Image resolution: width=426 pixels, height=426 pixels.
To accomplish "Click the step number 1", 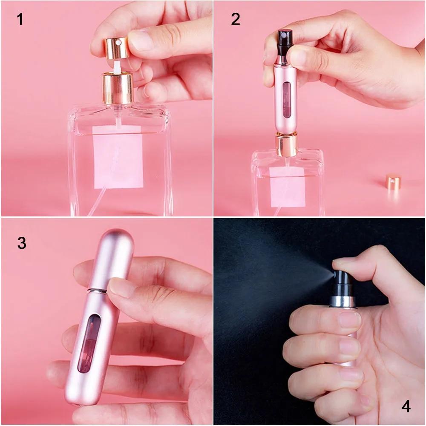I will [20, 19].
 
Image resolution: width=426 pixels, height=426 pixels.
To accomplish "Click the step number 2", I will [236, 19].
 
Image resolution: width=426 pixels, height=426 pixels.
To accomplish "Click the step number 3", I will [22, 243].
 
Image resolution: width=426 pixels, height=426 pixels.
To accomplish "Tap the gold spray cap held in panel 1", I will [115, 47].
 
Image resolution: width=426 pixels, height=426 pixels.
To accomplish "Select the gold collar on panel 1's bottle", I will [118, 88].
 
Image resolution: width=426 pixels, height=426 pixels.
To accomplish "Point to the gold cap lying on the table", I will [393, 182].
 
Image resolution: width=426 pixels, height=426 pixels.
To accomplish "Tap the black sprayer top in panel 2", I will [284, 40].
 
